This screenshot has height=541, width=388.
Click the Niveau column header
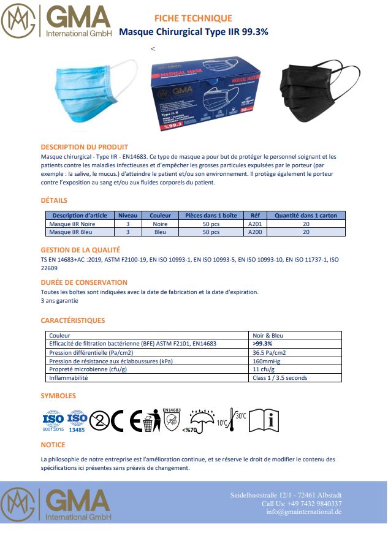coord(128,216)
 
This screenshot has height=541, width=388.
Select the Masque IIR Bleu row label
coord(68,232)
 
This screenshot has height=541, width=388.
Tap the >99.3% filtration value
coord(263,344)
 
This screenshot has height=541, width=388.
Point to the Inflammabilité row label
coord(69,378)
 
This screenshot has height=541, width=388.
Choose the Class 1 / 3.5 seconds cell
coord(280,378)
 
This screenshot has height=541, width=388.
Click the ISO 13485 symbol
coord(77,420)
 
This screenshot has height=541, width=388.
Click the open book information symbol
coord(265,420)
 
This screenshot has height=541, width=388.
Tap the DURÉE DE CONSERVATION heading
coord(84,282)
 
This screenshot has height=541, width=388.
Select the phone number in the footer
coord(302,503)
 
